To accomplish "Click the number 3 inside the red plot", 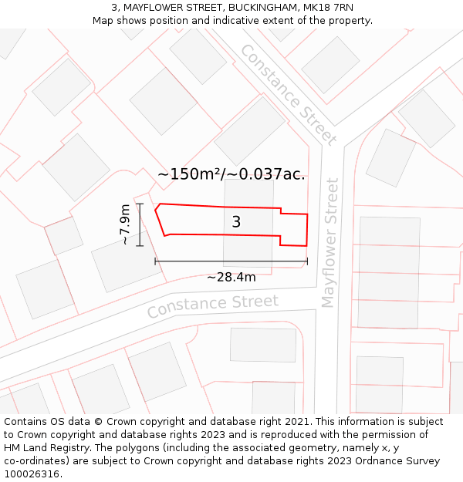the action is pos(236,222).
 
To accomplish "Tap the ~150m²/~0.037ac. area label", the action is pos(231,174).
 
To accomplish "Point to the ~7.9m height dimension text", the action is pos(125,224).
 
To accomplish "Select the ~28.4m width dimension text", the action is pos(231,277).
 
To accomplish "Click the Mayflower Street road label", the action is pos(331,242).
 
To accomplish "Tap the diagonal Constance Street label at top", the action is pos(288,94).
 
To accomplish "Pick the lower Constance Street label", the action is pos(212,305).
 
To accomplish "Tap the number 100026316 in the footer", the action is pos(31,474).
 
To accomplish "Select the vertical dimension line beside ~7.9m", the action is pos(140,224).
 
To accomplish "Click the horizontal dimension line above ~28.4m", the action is pos(231,261).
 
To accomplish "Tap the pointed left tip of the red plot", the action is pos(156,208).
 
